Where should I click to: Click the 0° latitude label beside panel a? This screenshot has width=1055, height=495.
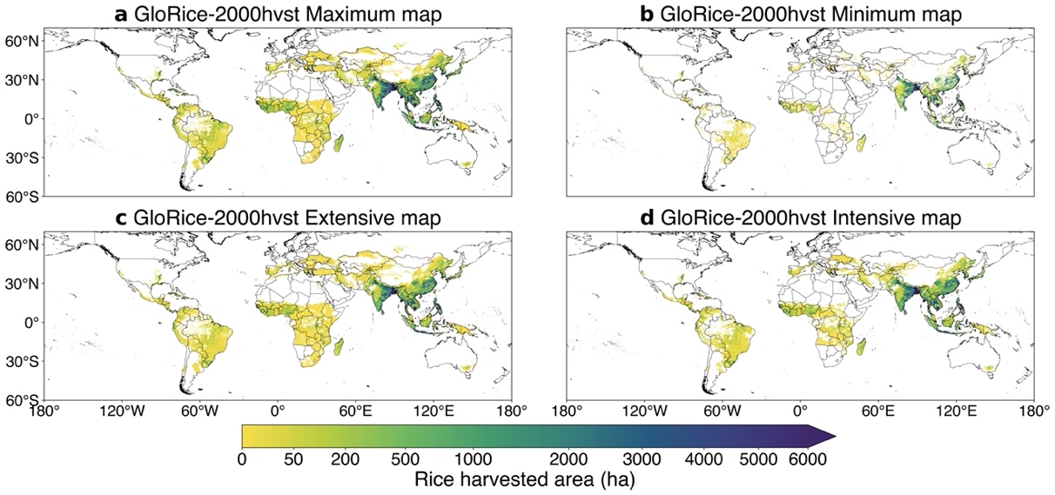click(x=28, y=119)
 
